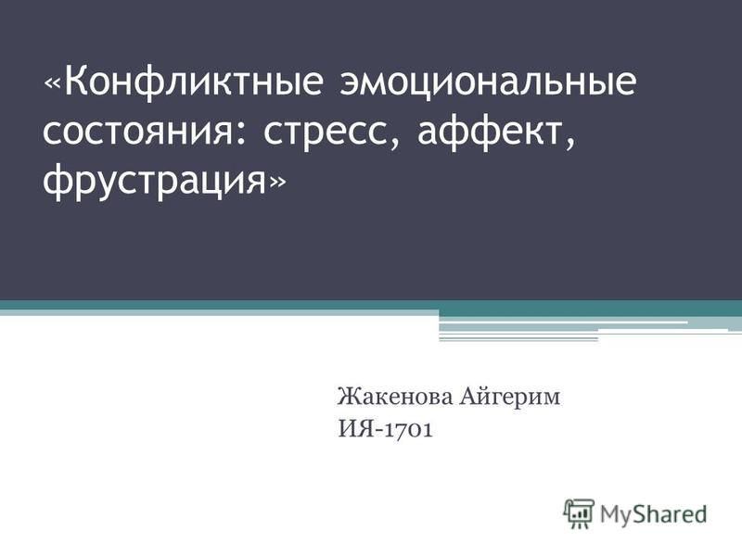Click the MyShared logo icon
(579, 512)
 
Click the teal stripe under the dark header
(371, 305)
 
